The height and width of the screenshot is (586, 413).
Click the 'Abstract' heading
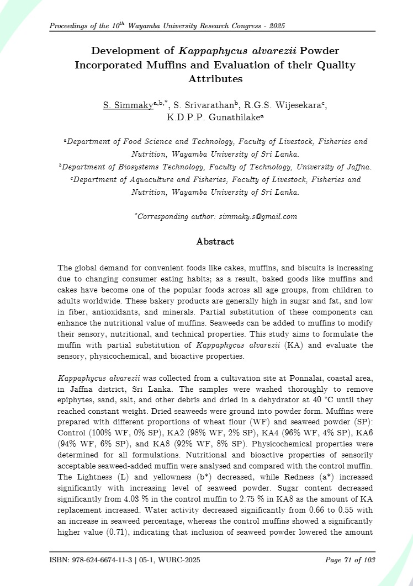click(215, 242)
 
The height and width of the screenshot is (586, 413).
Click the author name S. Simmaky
click(128, 105)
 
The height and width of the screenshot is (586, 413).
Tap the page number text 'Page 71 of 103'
click(350, 561)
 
